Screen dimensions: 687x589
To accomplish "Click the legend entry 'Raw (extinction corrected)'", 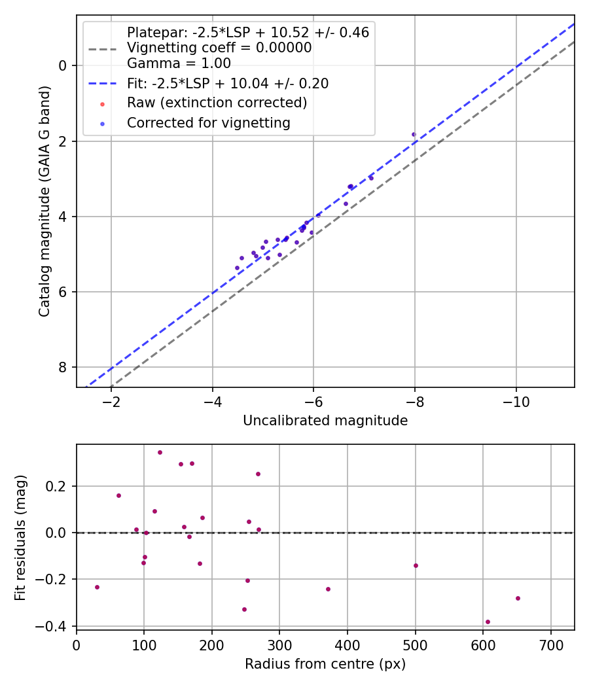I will click(217, 103).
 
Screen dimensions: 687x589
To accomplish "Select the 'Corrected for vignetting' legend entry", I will click(209, 122).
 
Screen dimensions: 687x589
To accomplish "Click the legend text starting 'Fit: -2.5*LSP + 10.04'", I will click(228, 83).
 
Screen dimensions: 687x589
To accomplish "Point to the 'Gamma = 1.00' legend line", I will click(179, 63).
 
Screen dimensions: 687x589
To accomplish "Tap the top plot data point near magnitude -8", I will click(414, 134).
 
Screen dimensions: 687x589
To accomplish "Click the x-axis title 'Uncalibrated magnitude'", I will click(325, 421).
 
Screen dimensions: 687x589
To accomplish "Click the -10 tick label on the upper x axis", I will click(516, 399).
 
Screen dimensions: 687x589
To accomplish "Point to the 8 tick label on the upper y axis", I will click(63, 367).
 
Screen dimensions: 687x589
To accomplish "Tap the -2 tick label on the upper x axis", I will click(111, 399).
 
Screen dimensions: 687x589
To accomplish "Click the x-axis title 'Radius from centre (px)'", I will click(325, 664).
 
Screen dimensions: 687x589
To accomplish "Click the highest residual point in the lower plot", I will click(160, 452).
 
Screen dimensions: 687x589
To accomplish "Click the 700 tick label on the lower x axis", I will click(550, 645).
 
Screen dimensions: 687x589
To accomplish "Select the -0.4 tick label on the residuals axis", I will click(54, 626).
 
